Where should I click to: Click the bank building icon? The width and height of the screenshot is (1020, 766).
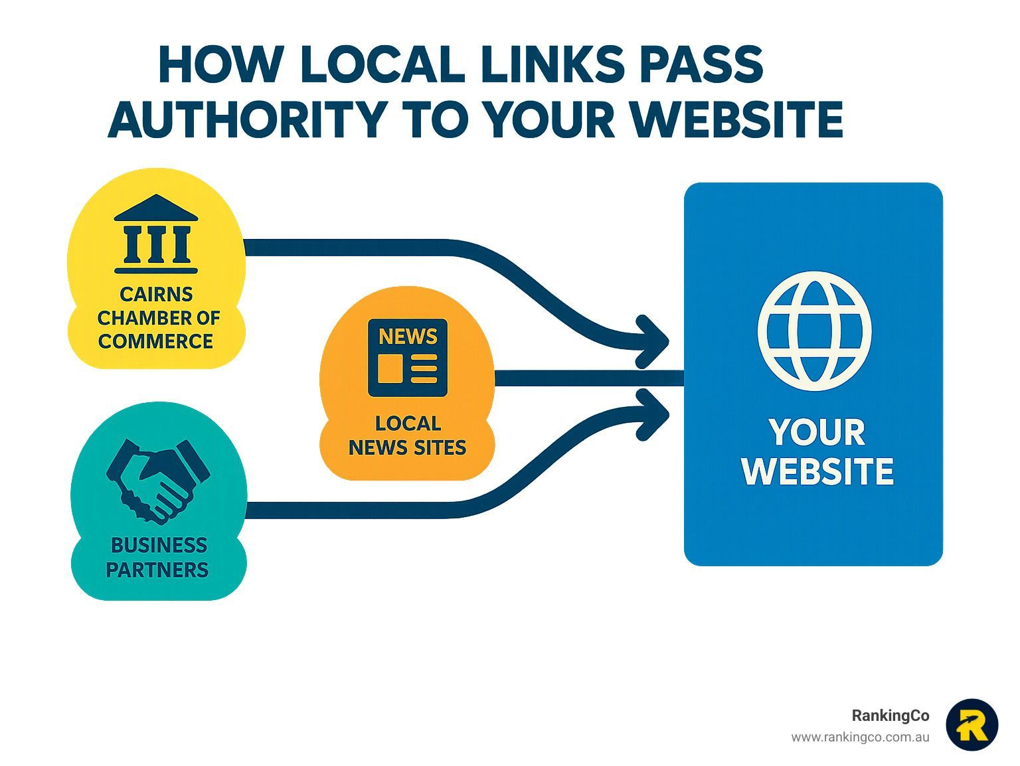155,234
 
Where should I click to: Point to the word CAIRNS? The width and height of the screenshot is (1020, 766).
156,294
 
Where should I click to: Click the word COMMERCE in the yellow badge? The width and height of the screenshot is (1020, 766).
155,341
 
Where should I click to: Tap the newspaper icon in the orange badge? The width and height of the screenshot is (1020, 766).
408,358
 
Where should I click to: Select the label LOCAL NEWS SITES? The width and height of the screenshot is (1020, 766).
408,435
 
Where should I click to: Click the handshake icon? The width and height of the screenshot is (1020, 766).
158,482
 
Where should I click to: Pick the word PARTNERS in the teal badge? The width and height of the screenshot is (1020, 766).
157,570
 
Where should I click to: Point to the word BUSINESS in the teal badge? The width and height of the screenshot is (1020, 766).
159,546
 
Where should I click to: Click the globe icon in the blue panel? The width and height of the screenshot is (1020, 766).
814,331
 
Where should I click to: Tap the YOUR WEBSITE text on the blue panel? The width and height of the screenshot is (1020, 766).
817,451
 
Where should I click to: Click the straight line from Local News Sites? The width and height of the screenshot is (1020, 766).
589,378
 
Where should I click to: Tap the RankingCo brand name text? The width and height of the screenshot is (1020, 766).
891,716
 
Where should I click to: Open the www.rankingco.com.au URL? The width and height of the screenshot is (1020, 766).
860,737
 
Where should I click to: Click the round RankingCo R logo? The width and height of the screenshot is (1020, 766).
972,725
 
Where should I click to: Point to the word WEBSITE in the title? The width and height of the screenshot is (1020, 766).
737,118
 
